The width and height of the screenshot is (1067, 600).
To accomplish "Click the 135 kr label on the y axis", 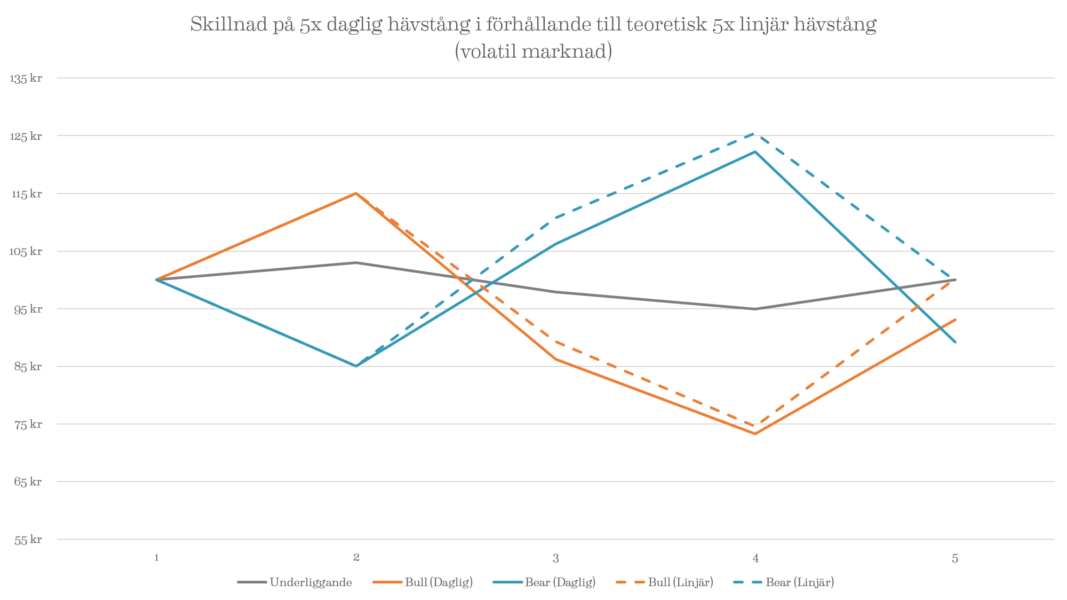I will pos(26,78).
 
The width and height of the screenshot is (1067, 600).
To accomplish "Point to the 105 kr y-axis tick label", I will pos(26,251).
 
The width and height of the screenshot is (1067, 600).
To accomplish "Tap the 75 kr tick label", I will pos(28,425).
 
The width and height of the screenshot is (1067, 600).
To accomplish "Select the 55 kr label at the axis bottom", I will pos(28,540).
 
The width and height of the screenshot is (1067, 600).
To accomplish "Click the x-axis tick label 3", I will pos(556,558).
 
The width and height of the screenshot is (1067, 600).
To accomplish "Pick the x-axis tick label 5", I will pos(955,558).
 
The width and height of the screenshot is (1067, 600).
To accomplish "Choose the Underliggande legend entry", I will pos(310,582).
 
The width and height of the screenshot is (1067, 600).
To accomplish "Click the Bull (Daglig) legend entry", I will pos(439,582).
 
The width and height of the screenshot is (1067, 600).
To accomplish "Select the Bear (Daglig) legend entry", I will pos(560,582).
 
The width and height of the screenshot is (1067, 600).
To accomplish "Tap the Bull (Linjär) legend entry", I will pos(680,582).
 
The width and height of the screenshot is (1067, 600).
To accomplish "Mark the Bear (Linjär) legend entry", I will pos(800,582).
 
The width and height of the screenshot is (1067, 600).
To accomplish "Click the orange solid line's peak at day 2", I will pos(356,193).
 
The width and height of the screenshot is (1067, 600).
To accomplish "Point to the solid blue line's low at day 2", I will pos(356,366).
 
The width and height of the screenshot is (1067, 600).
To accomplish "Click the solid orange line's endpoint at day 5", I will pos(955,319).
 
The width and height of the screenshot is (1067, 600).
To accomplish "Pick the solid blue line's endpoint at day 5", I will pos(955,342).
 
